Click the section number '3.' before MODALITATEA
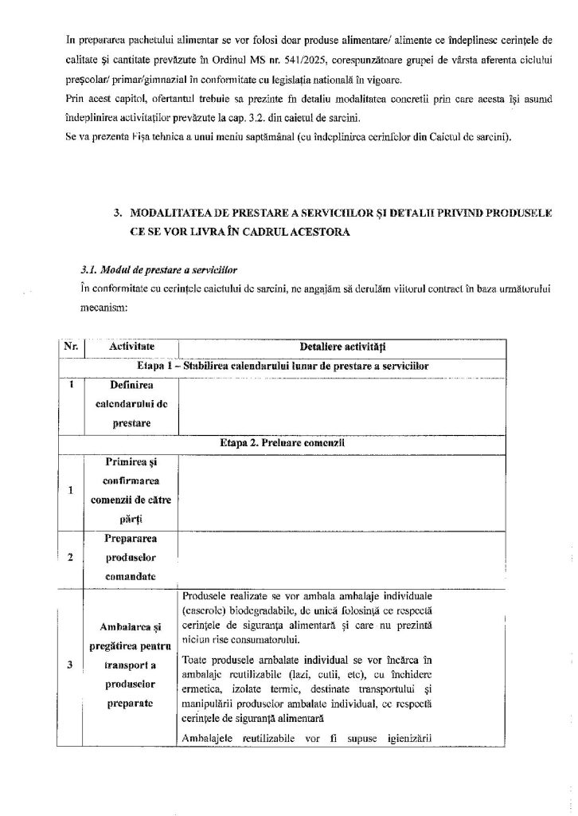(119, 213)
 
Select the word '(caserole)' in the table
(202, 610)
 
